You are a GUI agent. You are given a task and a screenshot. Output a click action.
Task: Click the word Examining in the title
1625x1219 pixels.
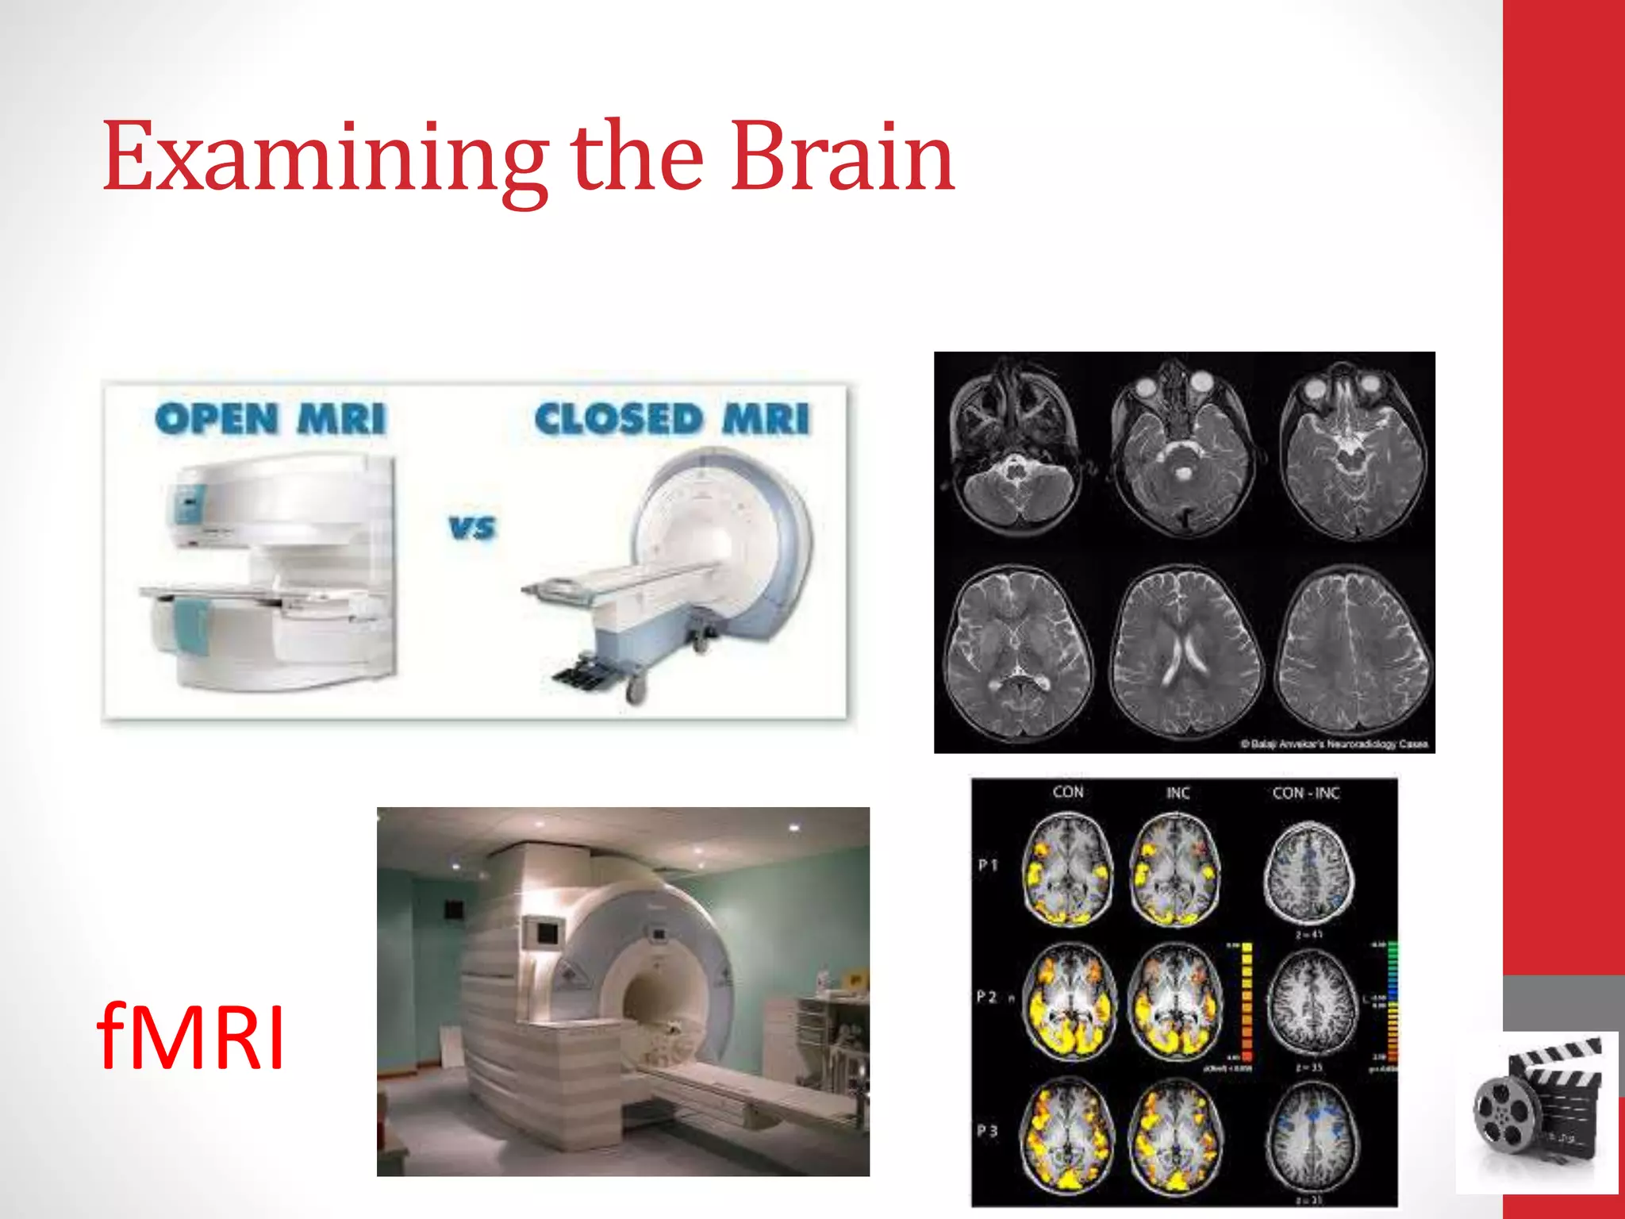point(324,159)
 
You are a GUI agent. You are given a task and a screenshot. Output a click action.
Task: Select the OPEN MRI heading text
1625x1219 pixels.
point(270,419)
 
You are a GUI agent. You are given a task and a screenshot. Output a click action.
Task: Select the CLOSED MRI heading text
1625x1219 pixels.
point(671,419)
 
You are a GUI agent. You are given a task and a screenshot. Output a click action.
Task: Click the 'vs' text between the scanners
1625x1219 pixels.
point(472,528)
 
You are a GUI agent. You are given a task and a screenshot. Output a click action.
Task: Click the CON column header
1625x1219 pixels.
point(1067,792)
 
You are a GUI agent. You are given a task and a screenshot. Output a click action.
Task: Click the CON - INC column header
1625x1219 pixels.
point(1305,793)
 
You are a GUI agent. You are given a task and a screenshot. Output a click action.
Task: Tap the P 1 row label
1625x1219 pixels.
point(988,865)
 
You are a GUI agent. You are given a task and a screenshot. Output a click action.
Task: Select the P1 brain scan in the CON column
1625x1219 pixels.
point(1068,871)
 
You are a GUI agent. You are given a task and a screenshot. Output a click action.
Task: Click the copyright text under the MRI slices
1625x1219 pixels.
point(1334,744)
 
